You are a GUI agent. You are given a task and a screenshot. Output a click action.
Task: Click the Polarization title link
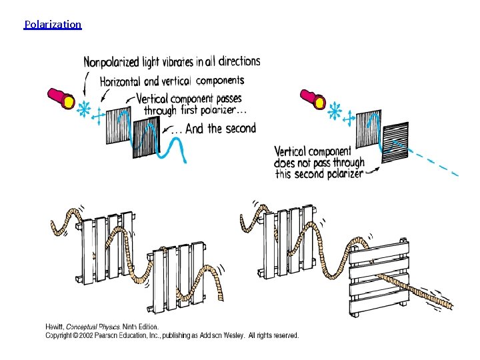[53, 25]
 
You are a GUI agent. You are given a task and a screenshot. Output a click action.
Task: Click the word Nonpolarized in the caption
[111, 63]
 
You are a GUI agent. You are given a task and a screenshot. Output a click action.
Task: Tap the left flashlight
[59, 97]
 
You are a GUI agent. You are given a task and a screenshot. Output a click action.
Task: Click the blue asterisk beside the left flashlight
[84, 109]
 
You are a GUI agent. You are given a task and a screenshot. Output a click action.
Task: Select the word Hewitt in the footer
[54, 327]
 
